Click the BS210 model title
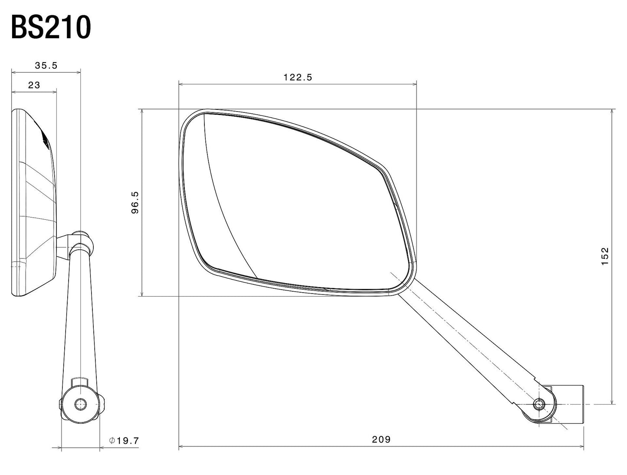pyautogui.click(x=51, y=28)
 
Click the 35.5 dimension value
pyautogui.click(x=46, y=66)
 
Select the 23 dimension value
pyautogui.click(x=34, y=85)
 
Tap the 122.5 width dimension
pyautogui.click(x=298, y=77)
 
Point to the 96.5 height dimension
pyautogui.click(x=135, y=202)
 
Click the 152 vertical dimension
pyautogui.click(x=605, y=256)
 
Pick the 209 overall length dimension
pyautogui.click(x=381, y=439)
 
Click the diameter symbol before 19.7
pyautogui.click(x=112, y=441)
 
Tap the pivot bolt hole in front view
pyautogui.click(x=539, y=404)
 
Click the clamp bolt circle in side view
pyautogui.click(x=80, y=404)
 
